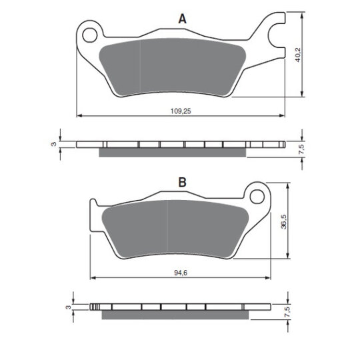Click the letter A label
[x=182, y=19]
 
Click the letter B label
[x=182, y=183]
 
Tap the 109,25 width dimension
[x=181, y=111]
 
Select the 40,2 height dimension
[x=298, y=55]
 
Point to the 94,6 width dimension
[x=181, y=273]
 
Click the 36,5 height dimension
[x=284, y=222]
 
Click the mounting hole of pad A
[x=90, y=35]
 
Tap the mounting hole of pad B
[x=257, y=197]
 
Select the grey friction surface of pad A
[x=172, y=67]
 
